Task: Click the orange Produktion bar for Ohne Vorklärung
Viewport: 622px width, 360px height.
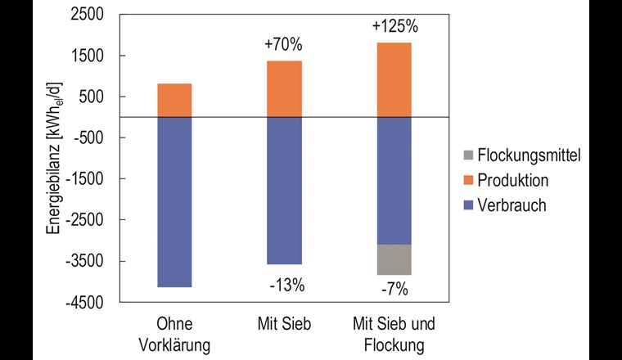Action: click(x=174, y=100)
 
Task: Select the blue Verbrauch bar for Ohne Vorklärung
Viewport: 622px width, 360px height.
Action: click(x=174, y=202)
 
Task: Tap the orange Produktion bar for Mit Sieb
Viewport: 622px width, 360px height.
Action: click(x=285, y=88)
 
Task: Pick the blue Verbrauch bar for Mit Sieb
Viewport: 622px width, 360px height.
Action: click(x=285, y=191)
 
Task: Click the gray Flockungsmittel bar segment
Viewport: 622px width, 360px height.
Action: click(x=394, y=259)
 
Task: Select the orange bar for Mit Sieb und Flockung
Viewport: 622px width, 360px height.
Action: click(x=394, y=79)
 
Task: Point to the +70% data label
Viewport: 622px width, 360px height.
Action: click(x=284, y=46)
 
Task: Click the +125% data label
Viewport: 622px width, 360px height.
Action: click(x=394, y=26)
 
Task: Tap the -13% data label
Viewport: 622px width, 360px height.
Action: click(x=286, y=286)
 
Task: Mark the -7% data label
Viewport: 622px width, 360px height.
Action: click(x=394, y=289)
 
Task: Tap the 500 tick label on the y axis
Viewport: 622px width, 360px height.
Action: click(x=101, y=97)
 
